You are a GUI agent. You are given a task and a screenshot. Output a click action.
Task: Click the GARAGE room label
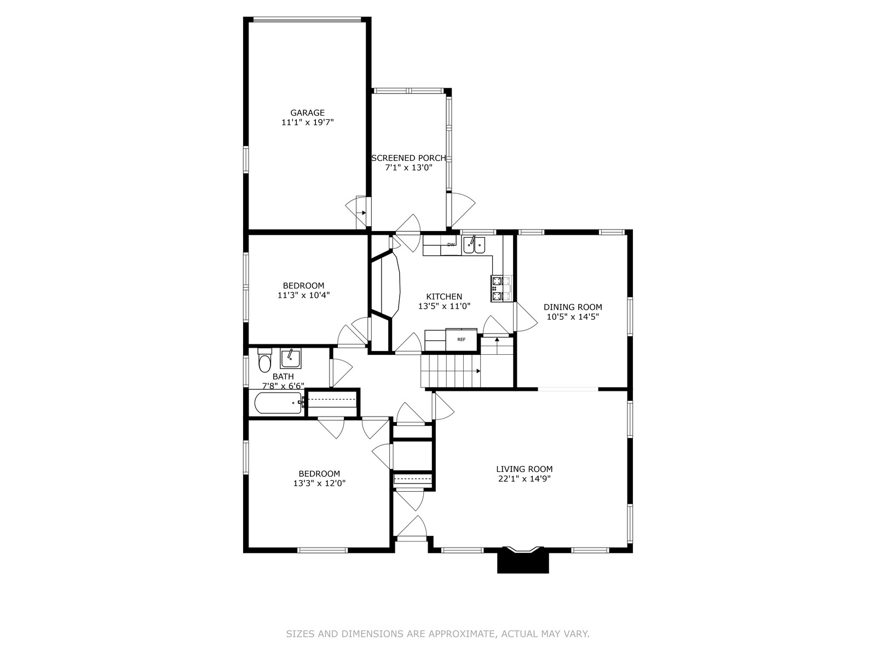tap(307, 113)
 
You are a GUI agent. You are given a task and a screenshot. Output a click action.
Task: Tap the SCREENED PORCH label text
tap(408, 158)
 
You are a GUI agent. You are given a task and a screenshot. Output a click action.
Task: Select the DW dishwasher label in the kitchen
tap(451, 245)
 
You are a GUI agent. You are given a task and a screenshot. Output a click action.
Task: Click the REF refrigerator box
tap(462, 339)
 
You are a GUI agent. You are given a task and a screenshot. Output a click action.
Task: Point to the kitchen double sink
tap(474, 245)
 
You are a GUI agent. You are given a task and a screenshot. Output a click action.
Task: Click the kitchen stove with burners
tap(502, 289)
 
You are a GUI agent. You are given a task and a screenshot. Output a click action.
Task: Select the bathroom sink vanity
tap(291, 359)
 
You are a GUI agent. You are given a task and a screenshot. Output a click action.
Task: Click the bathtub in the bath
tap(278, 403)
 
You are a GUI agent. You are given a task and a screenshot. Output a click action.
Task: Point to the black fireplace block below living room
tap(523, 562)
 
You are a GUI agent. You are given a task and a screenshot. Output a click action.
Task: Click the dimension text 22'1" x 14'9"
tap(525, 479)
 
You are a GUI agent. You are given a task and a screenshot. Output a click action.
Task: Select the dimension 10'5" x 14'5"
tap(573, 317)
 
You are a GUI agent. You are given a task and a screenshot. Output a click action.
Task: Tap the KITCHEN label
tap(444, 297)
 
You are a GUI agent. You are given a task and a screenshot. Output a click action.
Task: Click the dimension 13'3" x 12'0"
tap(319, 483)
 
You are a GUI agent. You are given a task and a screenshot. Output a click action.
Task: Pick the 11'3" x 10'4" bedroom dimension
tap(304, 296)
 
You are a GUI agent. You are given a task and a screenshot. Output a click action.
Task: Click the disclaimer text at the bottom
tap(438, 634)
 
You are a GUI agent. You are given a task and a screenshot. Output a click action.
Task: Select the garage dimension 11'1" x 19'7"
tap(307, 123)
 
